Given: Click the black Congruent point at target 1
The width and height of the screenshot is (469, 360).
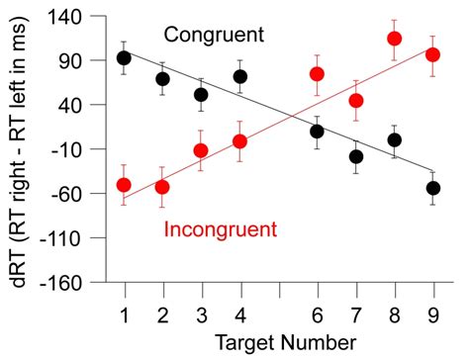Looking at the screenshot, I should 124,57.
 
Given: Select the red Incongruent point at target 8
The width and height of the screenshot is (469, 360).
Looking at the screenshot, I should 395,40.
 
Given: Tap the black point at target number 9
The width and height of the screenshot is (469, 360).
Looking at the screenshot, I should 433,188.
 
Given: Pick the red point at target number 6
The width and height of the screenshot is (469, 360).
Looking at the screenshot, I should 318,74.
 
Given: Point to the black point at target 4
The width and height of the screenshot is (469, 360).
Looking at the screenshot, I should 240,76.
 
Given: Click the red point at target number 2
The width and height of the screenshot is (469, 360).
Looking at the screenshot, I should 162,187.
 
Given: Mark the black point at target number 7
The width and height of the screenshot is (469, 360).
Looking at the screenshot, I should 356,156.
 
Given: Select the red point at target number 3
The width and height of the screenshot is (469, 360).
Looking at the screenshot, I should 201,150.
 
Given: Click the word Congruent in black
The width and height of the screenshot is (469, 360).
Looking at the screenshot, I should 215,35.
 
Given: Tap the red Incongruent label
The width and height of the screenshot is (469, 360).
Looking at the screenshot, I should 220,229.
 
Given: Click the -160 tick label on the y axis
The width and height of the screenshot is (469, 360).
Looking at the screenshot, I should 65,282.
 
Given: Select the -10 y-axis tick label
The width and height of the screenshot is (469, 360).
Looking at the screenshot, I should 69,149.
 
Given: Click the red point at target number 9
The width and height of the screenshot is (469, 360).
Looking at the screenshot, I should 432,54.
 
